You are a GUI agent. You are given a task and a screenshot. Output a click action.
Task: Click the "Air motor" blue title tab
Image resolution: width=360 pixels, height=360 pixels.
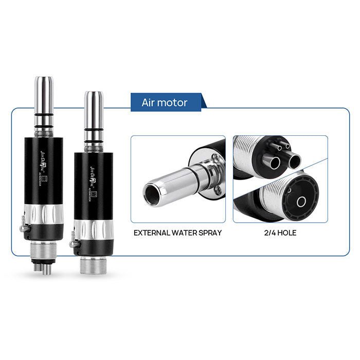[x=165, y=102]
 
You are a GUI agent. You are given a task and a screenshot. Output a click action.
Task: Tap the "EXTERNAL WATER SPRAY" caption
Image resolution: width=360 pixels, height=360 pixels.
[x=177, y=232]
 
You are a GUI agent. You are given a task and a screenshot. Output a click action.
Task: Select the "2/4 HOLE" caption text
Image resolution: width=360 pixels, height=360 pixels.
[x=281, y=232]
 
